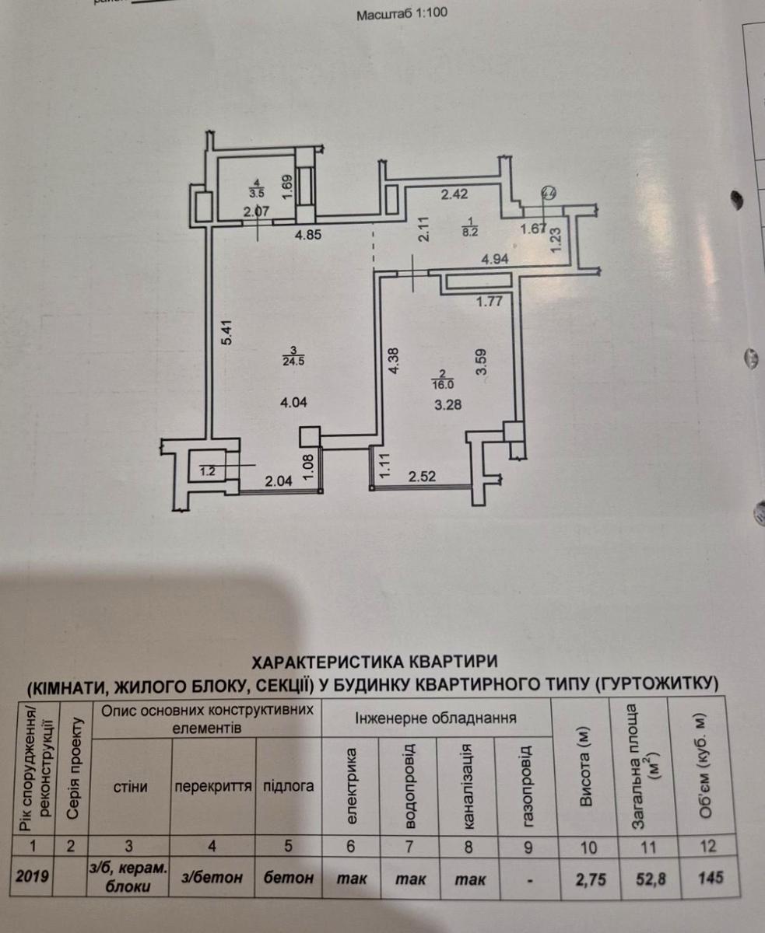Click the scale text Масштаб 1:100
tap(402, 14)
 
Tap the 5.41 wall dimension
tap(226, 332)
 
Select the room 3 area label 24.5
tap(293, 362)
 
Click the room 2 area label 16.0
tap(443, 384)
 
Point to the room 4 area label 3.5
tap(257, 193)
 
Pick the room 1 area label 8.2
tap(470, 232)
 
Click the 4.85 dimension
tap(308, 235)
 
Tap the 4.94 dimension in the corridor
tap(495, 259)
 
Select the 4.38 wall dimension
tap(394, 361)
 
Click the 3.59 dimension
tap(481, 362)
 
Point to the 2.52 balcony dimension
tap(422, 476)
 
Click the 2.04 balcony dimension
tap(279, 480)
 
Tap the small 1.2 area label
tap(207, 472)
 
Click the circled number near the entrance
tap(549, 193)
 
